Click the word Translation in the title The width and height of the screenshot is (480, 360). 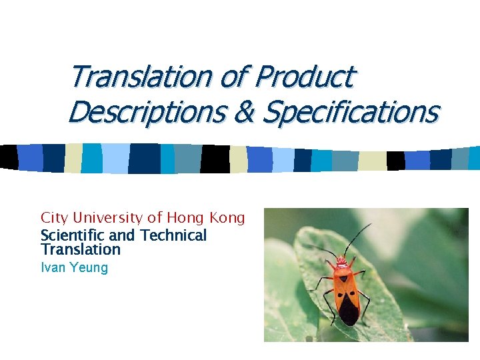click(140, 77)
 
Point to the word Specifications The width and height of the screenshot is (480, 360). click(350, 112)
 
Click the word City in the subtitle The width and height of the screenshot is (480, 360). click(55, 218)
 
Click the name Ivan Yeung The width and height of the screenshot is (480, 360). click(74, 268)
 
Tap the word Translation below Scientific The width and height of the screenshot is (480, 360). click(80, 250)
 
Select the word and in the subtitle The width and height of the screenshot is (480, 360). click(121, 235)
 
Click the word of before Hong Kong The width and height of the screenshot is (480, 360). click(155, 218)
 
